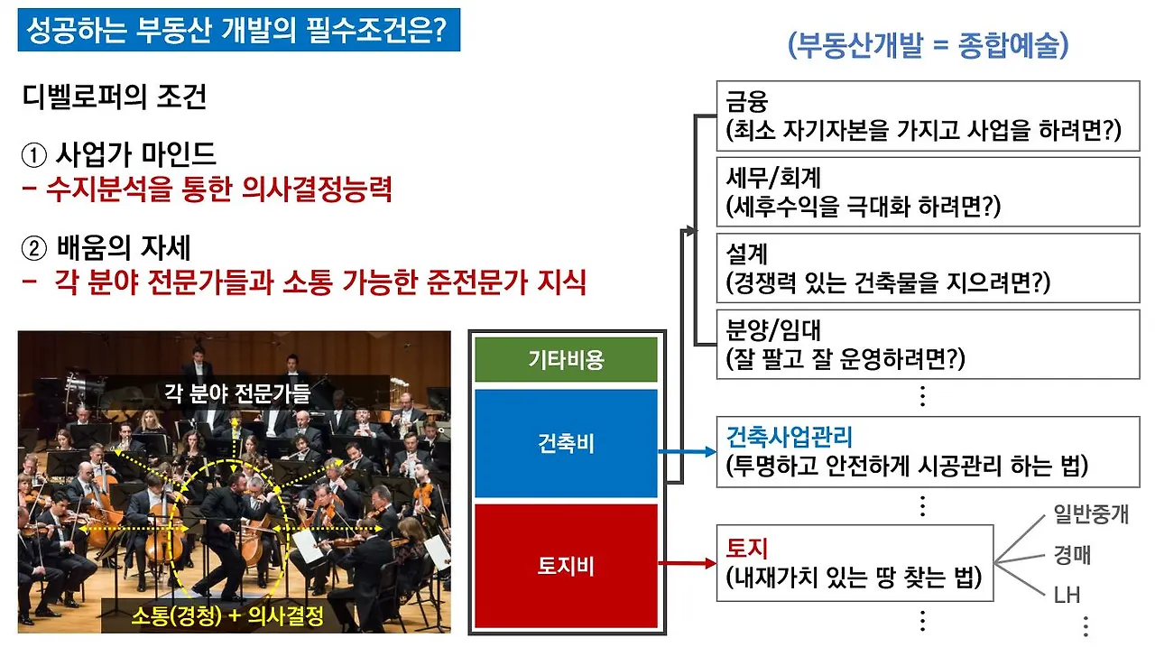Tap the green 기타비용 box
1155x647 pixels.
[x=566, y=360]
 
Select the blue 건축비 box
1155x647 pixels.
[x=566, y=443]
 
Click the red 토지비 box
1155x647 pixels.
[x=566, y=567]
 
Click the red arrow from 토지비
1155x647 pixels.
[x=688, y=563]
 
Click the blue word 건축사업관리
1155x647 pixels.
[x=790, y=439]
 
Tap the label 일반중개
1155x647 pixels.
[x=1090, y=515]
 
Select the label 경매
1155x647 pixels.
[x=1071, y=554]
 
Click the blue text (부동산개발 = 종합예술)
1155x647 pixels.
[x=928, y=45]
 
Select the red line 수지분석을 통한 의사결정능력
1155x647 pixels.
[x=207, y=190]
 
